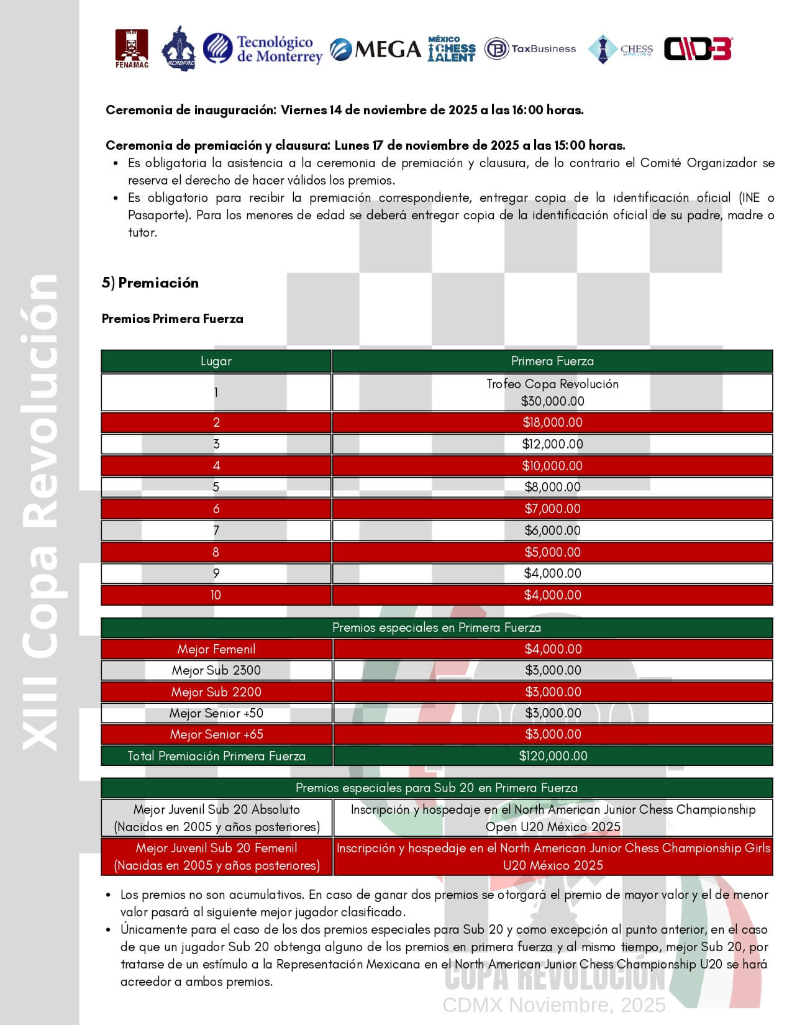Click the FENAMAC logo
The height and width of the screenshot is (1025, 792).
point(132,48)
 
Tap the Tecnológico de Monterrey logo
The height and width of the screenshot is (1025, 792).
point(263,49)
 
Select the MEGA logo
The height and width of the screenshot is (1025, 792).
point(375,49)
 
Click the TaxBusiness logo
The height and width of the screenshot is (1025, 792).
point(530,48)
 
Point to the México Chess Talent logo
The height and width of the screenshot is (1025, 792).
point(452,49)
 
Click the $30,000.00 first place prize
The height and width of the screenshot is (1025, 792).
point(552,401)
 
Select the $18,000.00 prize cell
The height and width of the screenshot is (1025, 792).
point(552,422)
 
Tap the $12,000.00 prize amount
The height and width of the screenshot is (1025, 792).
point(552,444)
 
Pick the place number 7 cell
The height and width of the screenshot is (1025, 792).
point(216,531)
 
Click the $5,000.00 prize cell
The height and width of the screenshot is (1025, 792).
point(552,552)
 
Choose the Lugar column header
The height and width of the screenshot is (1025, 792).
point(216,361)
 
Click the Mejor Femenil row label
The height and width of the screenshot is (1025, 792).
point(216,649)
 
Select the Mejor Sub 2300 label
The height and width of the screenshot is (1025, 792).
point(216,670)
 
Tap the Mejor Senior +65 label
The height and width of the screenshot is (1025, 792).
point(216,734)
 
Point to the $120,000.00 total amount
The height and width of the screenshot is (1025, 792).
point(553,756)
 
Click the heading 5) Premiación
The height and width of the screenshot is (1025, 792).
point(150,283)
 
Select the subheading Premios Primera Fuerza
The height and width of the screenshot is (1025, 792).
point(173,319)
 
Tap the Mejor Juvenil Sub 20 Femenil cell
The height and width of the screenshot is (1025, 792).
point(216,857)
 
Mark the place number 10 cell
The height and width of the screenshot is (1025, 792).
point(216,595)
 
